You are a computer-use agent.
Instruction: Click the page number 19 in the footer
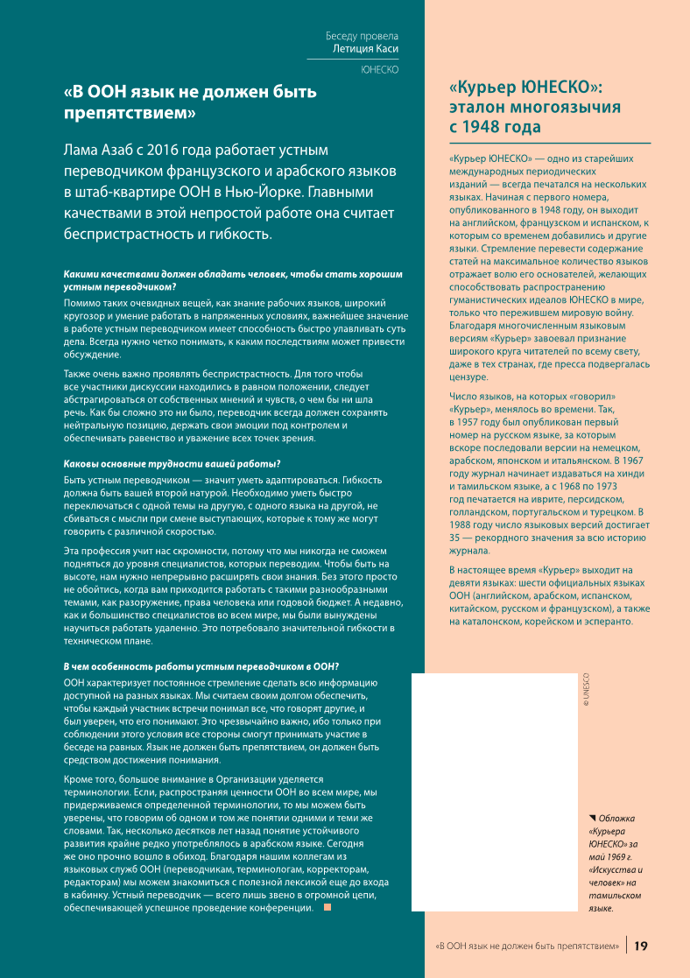coord(641,946)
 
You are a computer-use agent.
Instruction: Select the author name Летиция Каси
coord(365,49)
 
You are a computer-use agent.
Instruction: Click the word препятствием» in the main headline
coord(130,112)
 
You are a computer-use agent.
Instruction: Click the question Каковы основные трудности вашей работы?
coord(172,463)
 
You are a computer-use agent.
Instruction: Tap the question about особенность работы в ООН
coord(201,666)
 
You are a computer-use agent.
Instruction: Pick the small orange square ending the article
coord(327,906)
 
